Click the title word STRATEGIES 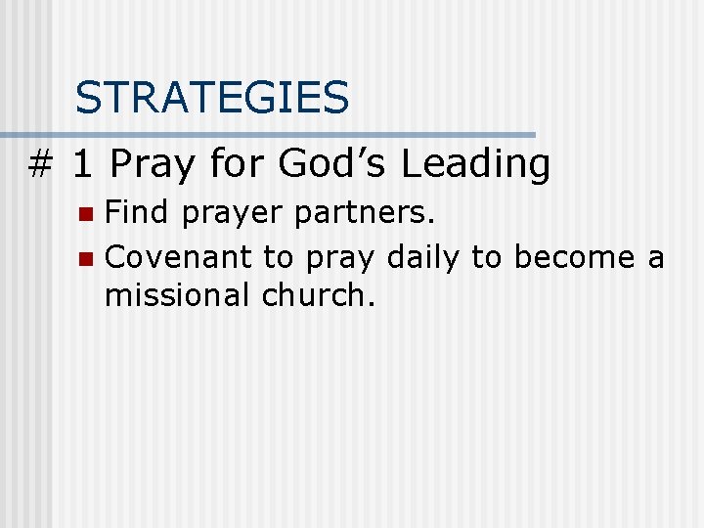[x=212, y=98]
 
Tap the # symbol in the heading [x=39, y=164]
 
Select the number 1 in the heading [x=83, y=164]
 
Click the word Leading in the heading [x=476, y=164]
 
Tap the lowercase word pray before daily [x=341, y=259]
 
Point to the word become [x=574, y=258]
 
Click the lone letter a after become [x=655, y=259]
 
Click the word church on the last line [x=318, y=294]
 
